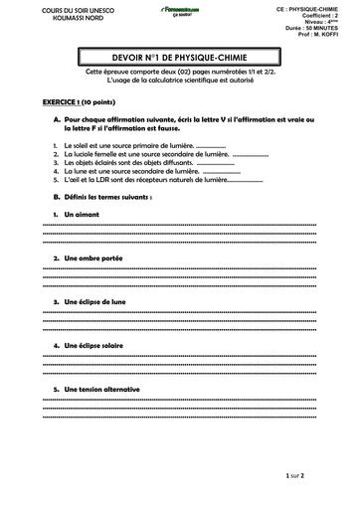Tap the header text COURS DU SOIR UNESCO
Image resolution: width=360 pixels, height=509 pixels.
(x=53, y=10)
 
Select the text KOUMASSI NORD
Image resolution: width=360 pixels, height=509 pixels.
(x=53, y=18)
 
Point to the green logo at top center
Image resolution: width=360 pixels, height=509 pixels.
(x=180, y=11)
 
